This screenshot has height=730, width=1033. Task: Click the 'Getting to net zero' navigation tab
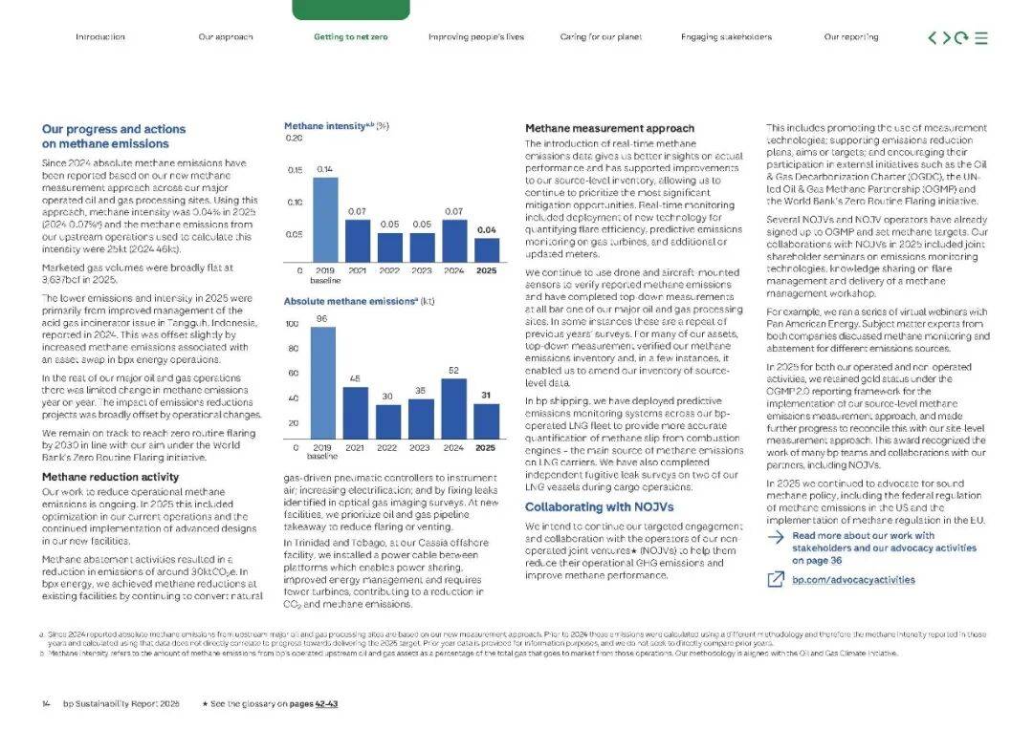pyautogui.click(x=350, y=37)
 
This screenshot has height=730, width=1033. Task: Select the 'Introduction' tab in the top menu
pyautogui.click(x=99, y=37)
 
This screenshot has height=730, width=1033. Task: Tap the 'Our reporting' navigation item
pyautogui.click(x=850, y=37)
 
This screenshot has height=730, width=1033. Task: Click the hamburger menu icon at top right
pyautogui.click(x=980, y=38)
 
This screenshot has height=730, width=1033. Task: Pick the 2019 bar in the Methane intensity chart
pyautogui.click(x=325, y=219)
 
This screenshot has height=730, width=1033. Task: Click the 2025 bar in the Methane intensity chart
pyautogui.click(x=487, y=249)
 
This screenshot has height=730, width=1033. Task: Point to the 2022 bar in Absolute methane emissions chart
pyautogui.click(x=388, y=420)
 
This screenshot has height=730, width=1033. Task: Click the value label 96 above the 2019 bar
pyautogui.click(x=322, y=318)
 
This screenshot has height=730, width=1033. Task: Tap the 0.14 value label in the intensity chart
pyautogui.click(x=325, y=169)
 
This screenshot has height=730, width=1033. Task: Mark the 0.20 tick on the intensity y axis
pyautogui.click(x=294, y=139)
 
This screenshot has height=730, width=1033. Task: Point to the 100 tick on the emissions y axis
pyautogui.click(x=292, y=325)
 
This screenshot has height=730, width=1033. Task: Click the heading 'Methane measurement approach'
pyautogui.click(x=596, y=128)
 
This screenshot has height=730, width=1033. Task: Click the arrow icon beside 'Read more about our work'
pyautogui.click(x=776, y=537)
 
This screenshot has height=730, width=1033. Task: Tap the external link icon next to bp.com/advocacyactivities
pyautogui.click(x=776, y=580)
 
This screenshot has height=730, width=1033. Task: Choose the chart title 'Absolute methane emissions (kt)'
pyautogui.click(x=359, y=301)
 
